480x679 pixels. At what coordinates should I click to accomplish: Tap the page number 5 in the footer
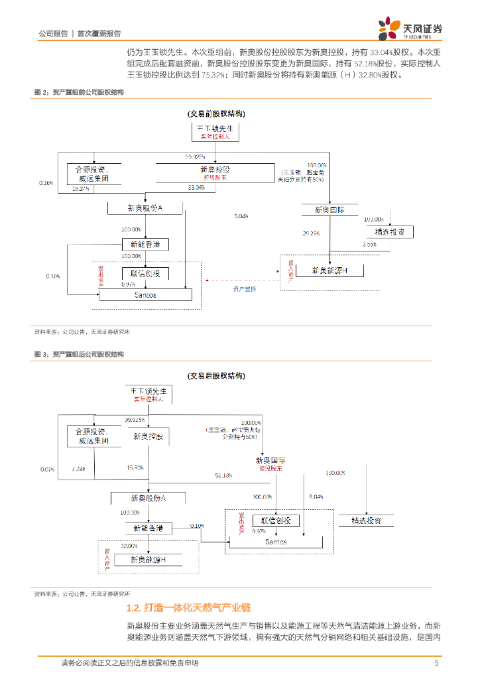[x=436, y=663]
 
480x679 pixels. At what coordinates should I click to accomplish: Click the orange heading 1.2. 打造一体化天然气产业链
[x=188, y=608]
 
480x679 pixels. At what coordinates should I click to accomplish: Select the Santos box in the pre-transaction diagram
[x=145, y=295]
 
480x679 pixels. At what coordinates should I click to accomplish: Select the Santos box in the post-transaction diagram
[x=276, y=542]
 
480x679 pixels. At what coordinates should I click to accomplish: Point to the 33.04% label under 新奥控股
[x=196, y=188]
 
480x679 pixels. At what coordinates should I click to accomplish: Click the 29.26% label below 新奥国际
[x=311, y=233]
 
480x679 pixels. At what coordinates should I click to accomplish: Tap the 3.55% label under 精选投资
[x=369, y=245]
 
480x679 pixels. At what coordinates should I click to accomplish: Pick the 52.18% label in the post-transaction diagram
[x=223, y=475]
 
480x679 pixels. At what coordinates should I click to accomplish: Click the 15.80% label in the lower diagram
[x=135, y=468]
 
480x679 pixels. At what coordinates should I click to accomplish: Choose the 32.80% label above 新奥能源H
[x=129, y=546]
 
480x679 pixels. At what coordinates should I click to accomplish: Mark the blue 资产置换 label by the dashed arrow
[x=244, y=289]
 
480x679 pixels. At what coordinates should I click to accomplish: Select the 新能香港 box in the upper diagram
[x=145, y=245]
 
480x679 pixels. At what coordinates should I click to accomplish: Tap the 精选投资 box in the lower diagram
[x=367, y=521]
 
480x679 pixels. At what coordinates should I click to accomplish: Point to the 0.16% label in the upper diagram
[x=46, y=182]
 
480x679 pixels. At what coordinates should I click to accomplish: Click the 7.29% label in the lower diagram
[x=78, y=469]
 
